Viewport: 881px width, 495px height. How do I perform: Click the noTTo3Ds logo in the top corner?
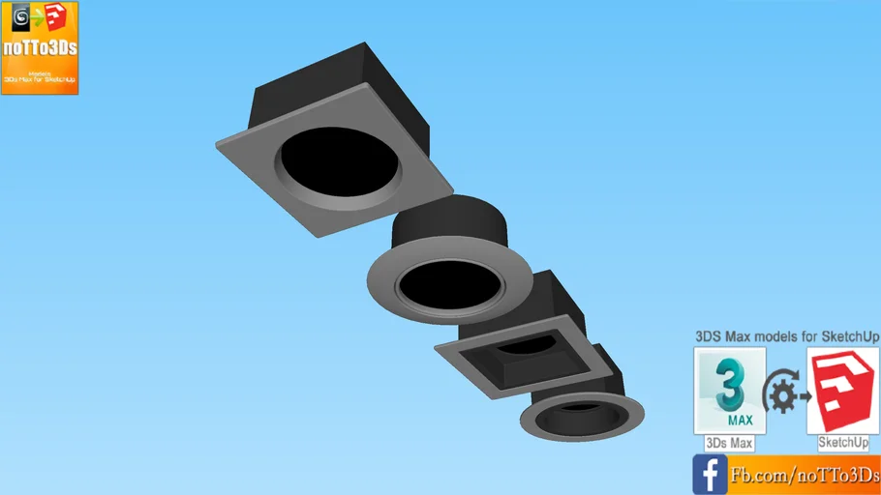pyautogui.click(x=40, y=47)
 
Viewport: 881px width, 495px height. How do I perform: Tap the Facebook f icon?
pyautogui.click(x=710, y=475)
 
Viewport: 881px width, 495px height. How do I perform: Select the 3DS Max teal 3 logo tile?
pyautogui.click(x=730, y=391)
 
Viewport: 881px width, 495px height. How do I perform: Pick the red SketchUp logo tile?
pyautogui.click(x=843, y=391)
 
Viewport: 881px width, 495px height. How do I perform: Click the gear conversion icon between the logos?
pyautogui.click(x=785, y=393)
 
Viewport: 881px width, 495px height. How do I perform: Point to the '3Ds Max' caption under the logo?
pyautogui.click(x=730, y=443)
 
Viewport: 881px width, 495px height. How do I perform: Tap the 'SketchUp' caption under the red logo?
pyautogui.click(x=843, y=443)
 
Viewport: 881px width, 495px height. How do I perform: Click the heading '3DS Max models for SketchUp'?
pyautogui.click(x=787, y=335)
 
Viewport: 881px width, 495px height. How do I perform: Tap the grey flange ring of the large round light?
pyautogui.click(x=387, y=295)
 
